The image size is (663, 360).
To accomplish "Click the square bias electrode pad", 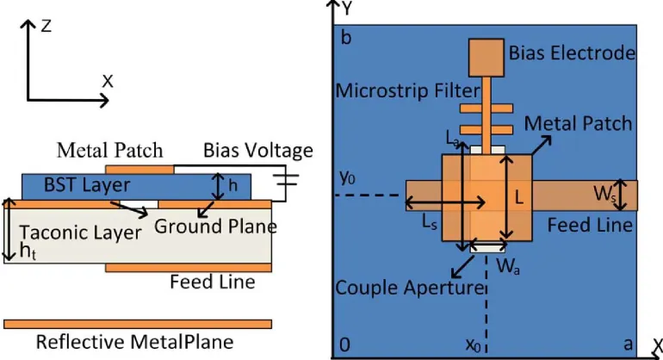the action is [x=486, y=58].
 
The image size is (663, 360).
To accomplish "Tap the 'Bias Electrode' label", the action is [x=572, y=53].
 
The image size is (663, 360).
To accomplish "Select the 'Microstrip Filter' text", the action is [x=408, y=90].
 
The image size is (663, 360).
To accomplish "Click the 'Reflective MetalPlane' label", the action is [x=134, y=342].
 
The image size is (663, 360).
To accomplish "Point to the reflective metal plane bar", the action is [x=138, y=324].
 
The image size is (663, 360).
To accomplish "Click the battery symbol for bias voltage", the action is [x=286, y=180].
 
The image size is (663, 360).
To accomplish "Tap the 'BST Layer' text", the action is [x=87, y=185].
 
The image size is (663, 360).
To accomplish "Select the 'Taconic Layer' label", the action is [x=80, y=233].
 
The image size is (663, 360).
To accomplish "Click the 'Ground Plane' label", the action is [x=215, y=227].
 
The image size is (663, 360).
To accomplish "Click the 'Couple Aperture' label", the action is [x=409, y=288].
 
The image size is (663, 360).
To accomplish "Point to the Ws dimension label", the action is [x=604, y=194].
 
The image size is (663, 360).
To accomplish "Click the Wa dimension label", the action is [x=508, y=266].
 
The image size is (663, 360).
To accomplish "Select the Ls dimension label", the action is [x=430, y=222].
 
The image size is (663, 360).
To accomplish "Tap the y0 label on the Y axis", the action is [x=347, y=177].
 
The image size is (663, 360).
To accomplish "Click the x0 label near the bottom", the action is [x=474, y=345].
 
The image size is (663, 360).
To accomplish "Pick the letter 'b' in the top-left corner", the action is [x=346, y=38].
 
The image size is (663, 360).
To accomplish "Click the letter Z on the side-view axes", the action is [x=46, y=26].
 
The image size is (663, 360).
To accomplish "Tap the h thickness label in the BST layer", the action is [x=233, y=185].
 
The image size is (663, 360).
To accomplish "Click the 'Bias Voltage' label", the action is [x=258, y=151].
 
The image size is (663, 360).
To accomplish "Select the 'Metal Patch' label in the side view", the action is [x=110, y=150].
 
